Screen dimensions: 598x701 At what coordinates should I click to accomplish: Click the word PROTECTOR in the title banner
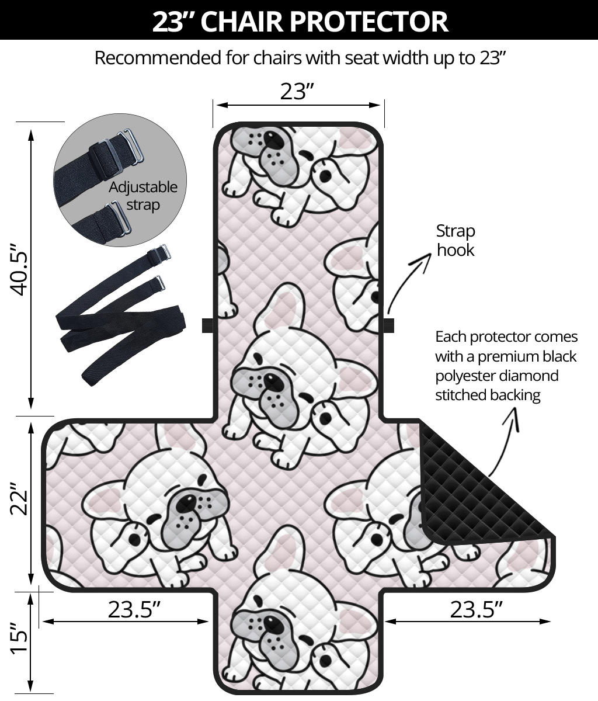pyautogui.click(x=369, y=22)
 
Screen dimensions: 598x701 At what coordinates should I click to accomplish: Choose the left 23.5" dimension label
pyautogui.click(x=134, y=609)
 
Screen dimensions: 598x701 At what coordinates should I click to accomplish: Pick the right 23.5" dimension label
pyautogui.click(x=477, y=609)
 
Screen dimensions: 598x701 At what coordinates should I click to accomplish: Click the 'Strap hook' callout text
pyautogui.click(x=456, y=241)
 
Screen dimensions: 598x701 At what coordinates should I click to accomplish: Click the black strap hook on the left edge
pyautogui.click(x=207, y=325)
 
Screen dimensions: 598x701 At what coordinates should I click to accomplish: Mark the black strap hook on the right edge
pyautogui.click(x=388, y=325)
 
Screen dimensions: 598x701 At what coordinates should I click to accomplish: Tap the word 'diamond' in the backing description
pyautogui.click(x=528, y=376)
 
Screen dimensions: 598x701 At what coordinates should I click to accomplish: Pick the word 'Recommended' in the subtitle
pyautogui.click(x=158, y=58)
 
